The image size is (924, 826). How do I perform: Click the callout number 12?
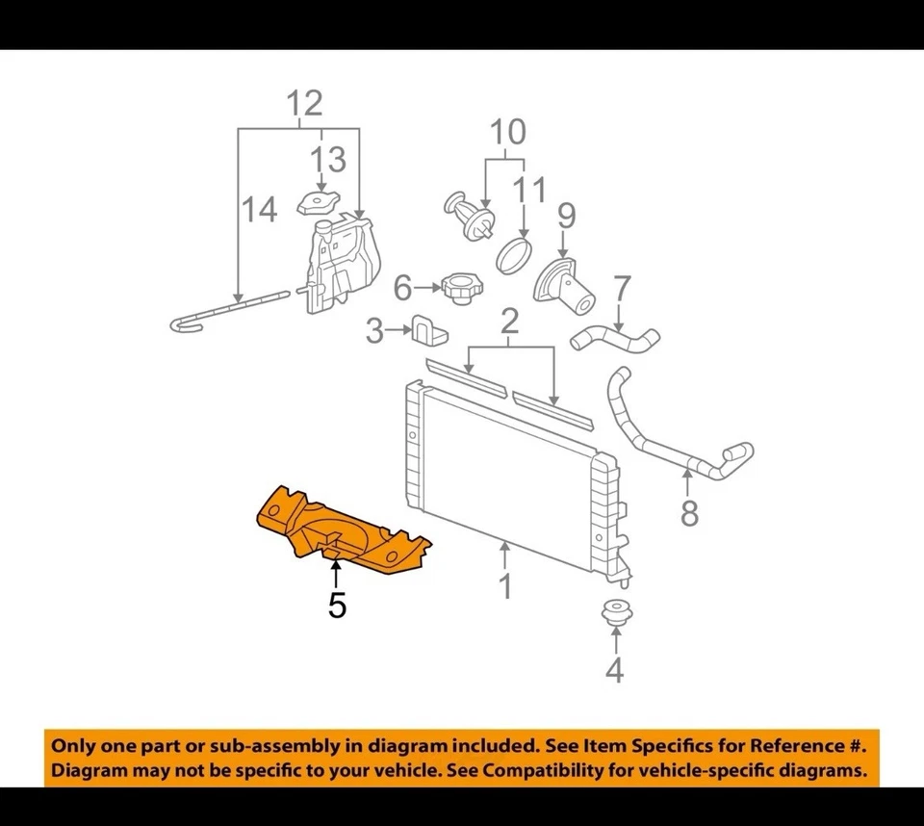tap(304, 104)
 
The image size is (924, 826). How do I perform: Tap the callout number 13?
tap(327, 159)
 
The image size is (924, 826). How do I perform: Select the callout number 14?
tap(259, 209)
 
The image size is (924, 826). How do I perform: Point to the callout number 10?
tap(508, 133)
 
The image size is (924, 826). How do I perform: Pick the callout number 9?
tap(566, 216)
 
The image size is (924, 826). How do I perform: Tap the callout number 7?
tap(622, 288)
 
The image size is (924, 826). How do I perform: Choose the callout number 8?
tap(689, 513)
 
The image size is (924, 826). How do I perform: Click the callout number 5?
tap(336, 606)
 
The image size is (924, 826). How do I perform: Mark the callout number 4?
tap(614, 668)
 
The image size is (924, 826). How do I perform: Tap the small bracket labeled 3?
tap(428, 330)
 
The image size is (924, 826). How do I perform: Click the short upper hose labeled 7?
tap(616, 339)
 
